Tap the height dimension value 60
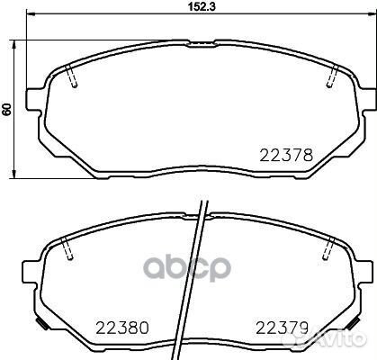coord(7,109)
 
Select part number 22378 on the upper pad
coord(287,155)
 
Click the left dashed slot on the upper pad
coord(75,78)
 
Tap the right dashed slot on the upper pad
coord(332,78)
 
